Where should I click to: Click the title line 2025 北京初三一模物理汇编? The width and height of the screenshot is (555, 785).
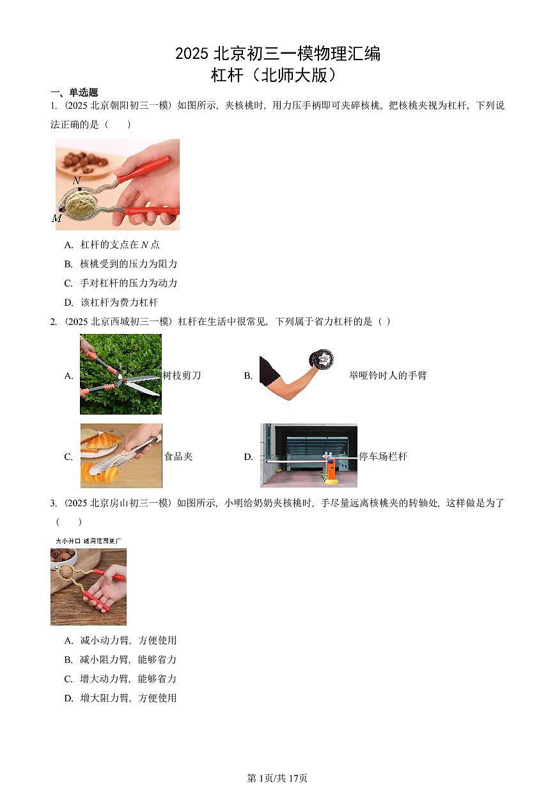coord(277,54)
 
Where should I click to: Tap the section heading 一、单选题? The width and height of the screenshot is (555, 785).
coord(74,93)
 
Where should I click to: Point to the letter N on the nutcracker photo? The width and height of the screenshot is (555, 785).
coord(77,181)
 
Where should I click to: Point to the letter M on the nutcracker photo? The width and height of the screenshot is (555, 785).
coord(57,218)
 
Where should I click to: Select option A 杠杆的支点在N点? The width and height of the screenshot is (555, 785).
coord(112,244)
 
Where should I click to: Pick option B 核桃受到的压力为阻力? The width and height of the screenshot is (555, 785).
coord(121,264)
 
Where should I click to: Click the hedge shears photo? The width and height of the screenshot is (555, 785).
coord(120,374)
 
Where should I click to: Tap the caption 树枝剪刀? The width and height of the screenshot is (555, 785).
coord(182,376)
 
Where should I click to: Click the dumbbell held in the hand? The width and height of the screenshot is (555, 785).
coord(321,359)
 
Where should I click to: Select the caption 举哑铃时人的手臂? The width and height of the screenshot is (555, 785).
coord(387,376)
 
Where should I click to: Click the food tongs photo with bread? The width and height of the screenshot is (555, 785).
coord(121,456)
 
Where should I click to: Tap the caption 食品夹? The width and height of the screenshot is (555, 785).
coord(178,457)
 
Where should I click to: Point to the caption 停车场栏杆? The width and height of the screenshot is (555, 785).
coord(383,457)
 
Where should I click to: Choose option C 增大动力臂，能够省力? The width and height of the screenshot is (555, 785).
coord(120,679)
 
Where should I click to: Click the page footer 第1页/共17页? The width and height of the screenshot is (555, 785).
coord(277,778)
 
